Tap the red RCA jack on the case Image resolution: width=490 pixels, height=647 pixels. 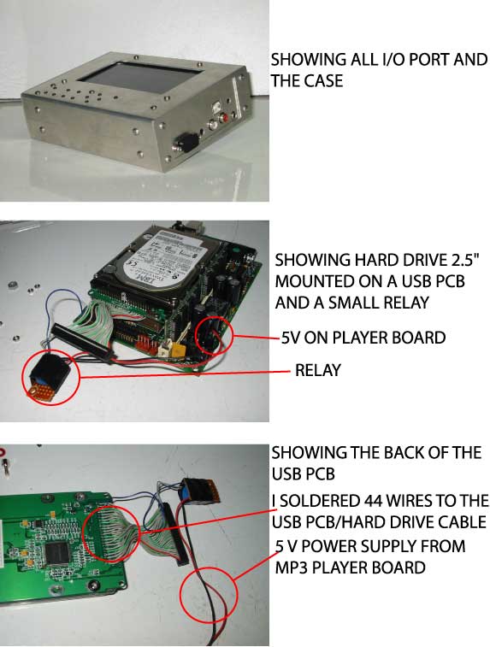tap(226, 119)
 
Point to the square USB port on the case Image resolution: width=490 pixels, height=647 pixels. tap(216, 107)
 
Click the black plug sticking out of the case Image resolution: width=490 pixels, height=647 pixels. tap(187, 143)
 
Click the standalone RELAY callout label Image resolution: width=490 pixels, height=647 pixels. tap(318, 370)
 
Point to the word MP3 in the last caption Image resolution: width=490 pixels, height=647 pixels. tap(291, 568)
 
